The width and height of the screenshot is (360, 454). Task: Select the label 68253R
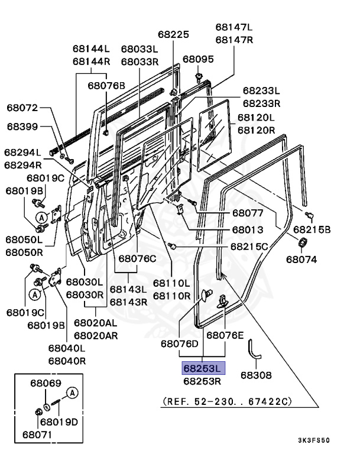(203, 381)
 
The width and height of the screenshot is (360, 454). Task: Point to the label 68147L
(234, 27)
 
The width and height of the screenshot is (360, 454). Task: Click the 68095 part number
(198, 59)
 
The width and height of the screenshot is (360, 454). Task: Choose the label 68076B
(107, 85)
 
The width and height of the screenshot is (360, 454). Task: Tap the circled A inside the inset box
(72, 393)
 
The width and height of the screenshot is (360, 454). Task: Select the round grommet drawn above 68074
(302, 241)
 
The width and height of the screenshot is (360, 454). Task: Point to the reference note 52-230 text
(227, 401)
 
